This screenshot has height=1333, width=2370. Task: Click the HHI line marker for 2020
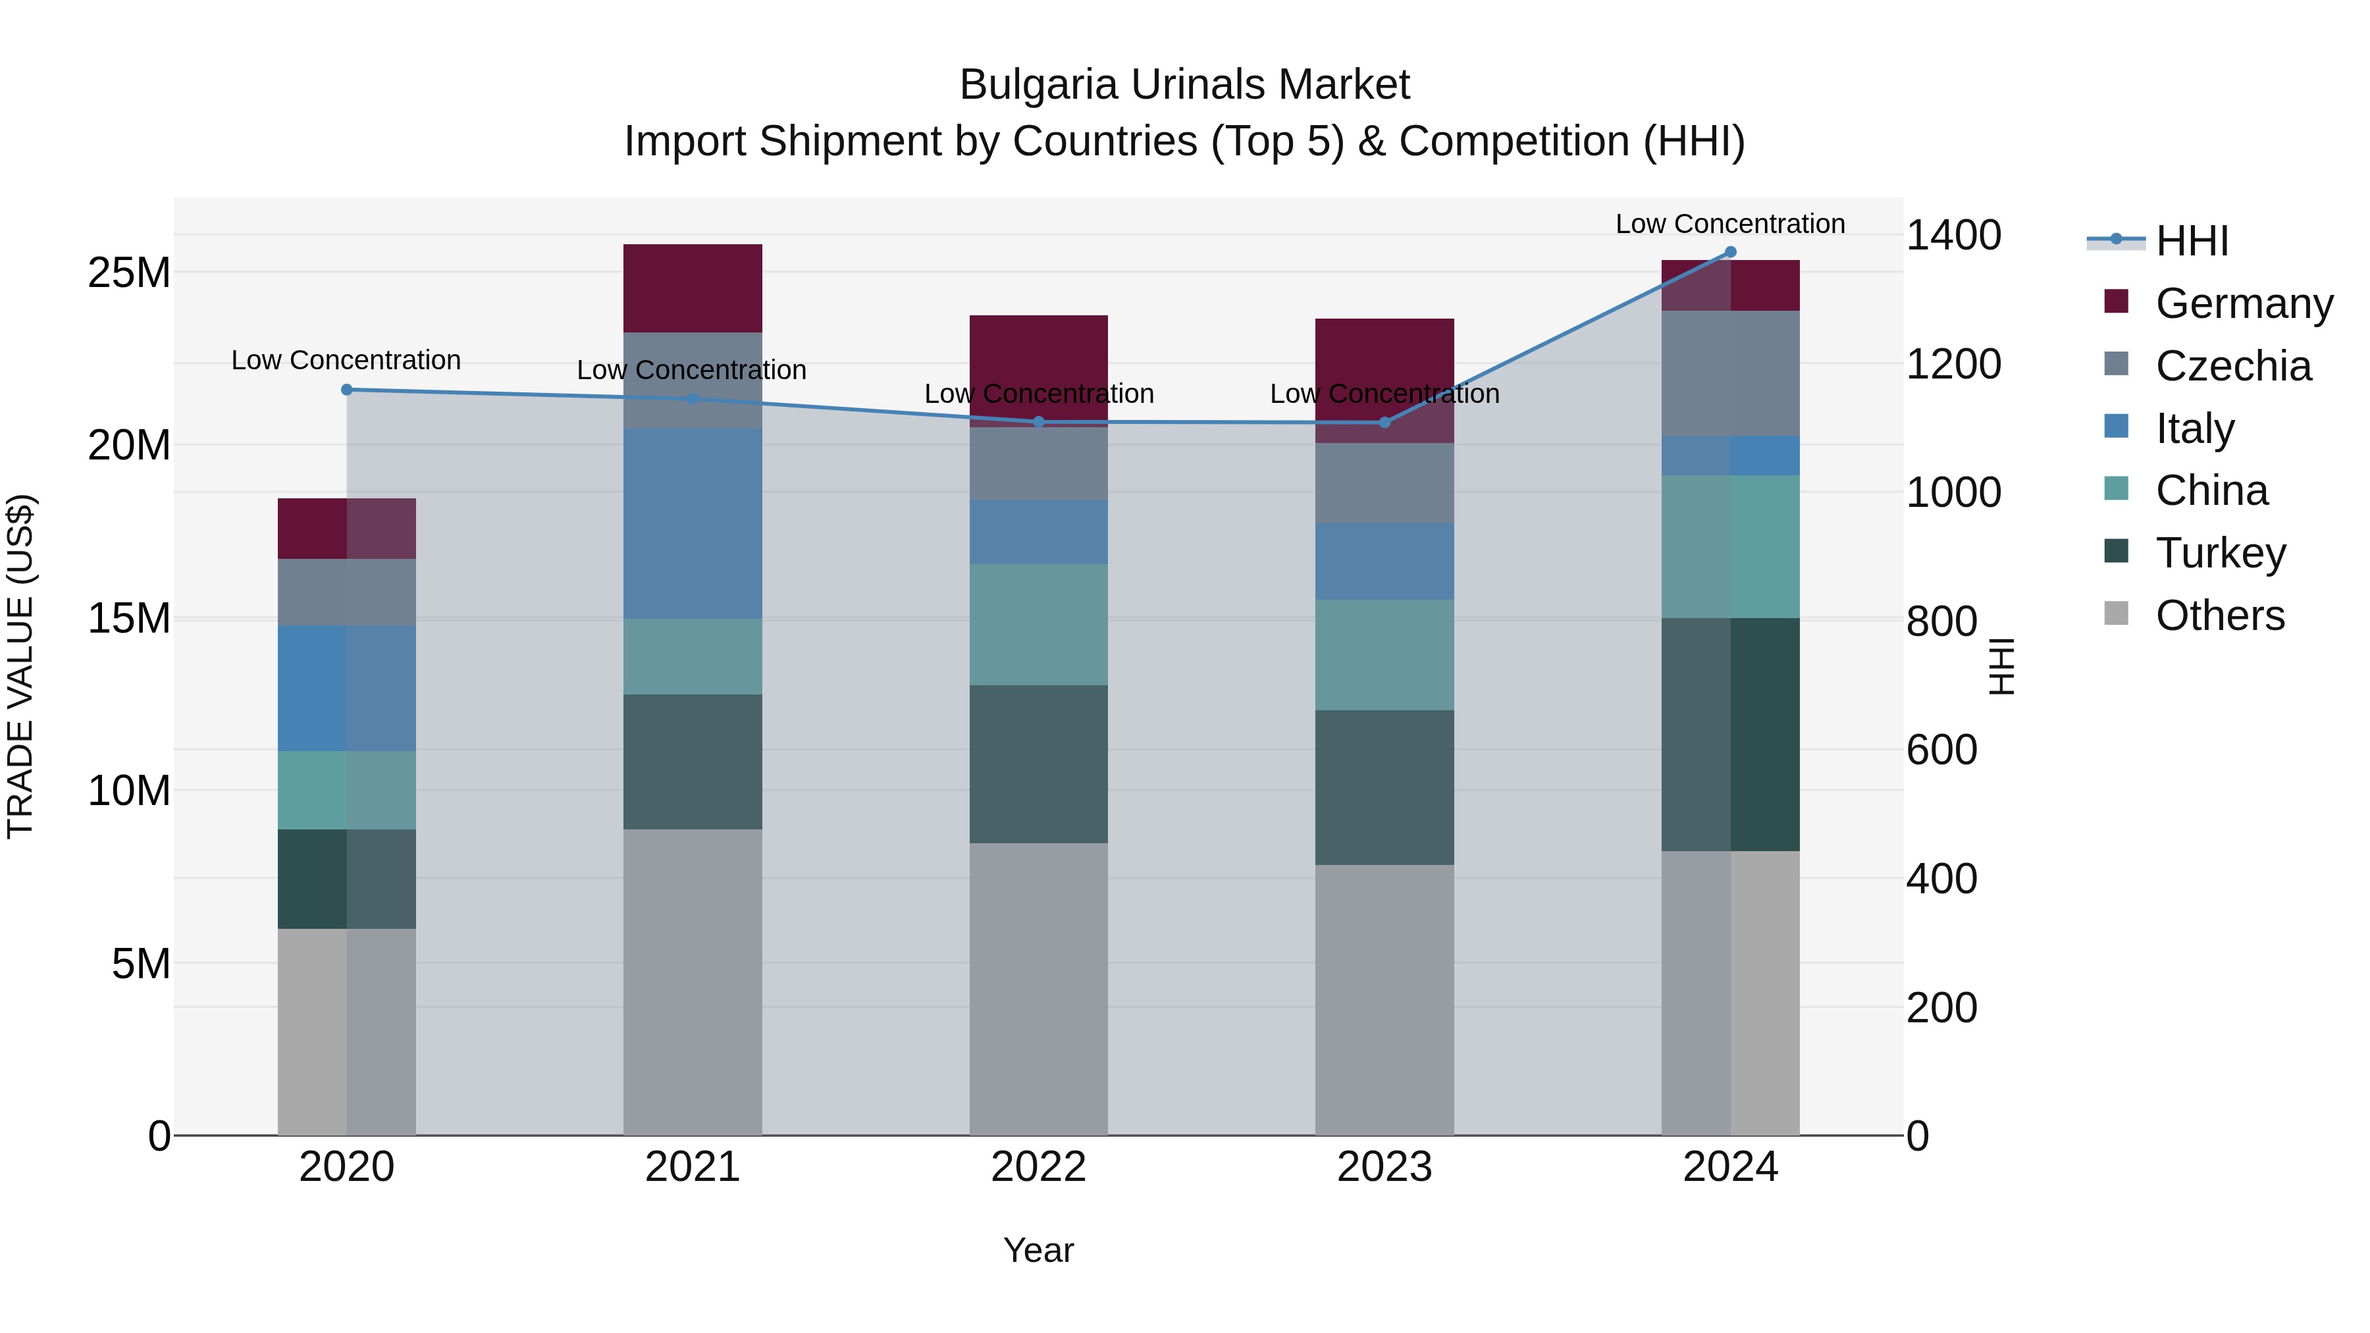[x=347, y=390]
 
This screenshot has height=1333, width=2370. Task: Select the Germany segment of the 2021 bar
[x=693, y=288]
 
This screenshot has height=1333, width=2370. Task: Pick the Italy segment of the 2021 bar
[x=693, y=523]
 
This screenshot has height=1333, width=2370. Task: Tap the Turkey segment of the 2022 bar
[x=1039, y=764]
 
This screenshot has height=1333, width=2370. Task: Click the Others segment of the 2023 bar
[x=1384, y=999]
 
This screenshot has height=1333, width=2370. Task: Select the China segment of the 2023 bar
[x=1384, y=654]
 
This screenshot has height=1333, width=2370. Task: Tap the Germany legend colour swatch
[x=2116, y=301]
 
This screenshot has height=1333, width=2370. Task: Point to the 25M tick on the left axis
[x=129, y=273]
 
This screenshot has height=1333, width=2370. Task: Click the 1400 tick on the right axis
[x=1953, y=236]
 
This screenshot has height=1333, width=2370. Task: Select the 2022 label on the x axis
[x=1039, y=1167]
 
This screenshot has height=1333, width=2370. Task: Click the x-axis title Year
[x=1039, y=1250]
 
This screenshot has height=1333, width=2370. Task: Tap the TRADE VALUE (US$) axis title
[x=21, y=666]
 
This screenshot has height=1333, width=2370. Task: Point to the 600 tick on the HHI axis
[x=1941, y=750]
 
